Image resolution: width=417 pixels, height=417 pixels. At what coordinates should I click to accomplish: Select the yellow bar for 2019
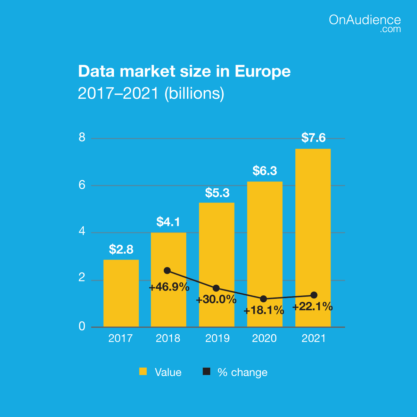click(216, 264)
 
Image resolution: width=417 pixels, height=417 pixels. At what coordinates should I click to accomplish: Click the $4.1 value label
click(168, 222)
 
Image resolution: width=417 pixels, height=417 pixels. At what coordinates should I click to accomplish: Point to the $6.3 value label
click(265, 171)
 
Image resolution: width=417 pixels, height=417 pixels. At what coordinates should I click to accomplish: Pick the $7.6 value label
click(313, 138)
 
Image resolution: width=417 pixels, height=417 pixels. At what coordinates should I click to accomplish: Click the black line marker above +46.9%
click(167, 270)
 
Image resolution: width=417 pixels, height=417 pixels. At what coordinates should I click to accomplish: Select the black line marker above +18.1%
click(263, 299)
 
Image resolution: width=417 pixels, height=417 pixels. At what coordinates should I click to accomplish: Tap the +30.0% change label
click(216, 300)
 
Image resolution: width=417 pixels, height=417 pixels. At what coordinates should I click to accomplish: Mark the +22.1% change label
click(312, 307)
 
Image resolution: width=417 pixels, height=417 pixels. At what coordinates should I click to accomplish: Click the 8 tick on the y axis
click(82, 138)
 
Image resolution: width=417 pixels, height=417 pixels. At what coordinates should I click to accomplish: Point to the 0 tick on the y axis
click(82, 326)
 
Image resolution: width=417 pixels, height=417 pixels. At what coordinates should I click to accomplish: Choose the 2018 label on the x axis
click(168, 338)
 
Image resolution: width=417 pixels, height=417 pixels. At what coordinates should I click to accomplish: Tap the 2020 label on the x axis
click(264, 338)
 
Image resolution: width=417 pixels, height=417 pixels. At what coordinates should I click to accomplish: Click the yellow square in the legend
click(143, 371)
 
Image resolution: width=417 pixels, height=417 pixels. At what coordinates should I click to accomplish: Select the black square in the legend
click(206, 371)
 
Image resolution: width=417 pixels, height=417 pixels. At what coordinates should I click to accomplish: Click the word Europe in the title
click(263, 71)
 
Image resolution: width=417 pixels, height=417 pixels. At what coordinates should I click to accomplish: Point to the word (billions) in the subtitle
click(194, 93)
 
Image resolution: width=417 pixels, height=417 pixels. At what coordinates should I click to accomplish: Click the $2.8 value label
click(121, 249)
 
